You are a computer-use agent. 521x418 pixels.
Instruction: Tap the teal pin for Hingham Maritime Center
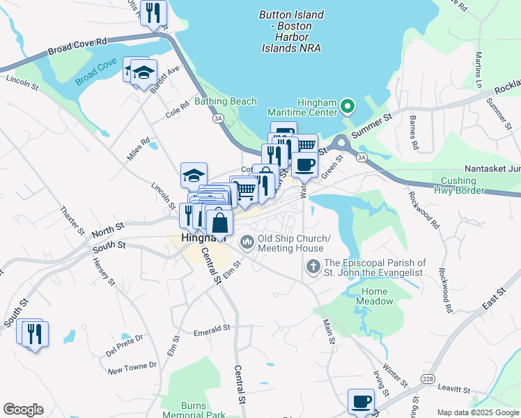(x=348, y=108)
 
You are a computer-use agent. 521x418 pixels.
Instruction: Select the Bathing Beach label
(x=225, y=102)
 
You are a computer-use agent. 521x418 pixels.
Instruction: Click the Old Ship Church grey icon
(x=247, y=242)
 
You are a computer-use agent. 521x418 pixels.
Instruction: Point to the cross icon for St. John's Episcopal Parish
(x=313, y=267)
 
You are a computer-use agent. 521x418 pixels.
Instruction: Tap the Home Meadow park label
(x=374, y=296)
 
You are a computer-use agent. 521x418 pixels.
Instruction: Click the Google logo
(x=23, y=410)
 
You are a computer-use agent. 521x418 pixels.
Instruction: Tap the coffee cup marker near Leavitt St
(x=361, y=401)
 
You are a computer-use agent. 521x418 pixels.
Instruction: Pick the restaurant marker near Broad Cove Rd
(x=153, y=13)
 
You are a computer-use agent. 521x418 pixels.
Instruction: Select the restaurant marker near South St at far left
(x=33, y=333)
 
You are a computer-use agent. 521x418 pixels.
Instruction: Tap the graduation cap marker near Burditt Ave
(x=143, y=72)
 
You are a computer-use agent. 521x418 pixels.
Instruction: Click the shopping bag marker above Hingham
(x=219, y=222)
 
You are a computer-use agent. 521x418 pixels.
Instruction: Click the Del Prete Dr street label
(x=125, y=346)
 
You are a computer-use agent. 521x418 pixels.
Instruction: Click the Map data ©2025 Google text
(x=477, y=412)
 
